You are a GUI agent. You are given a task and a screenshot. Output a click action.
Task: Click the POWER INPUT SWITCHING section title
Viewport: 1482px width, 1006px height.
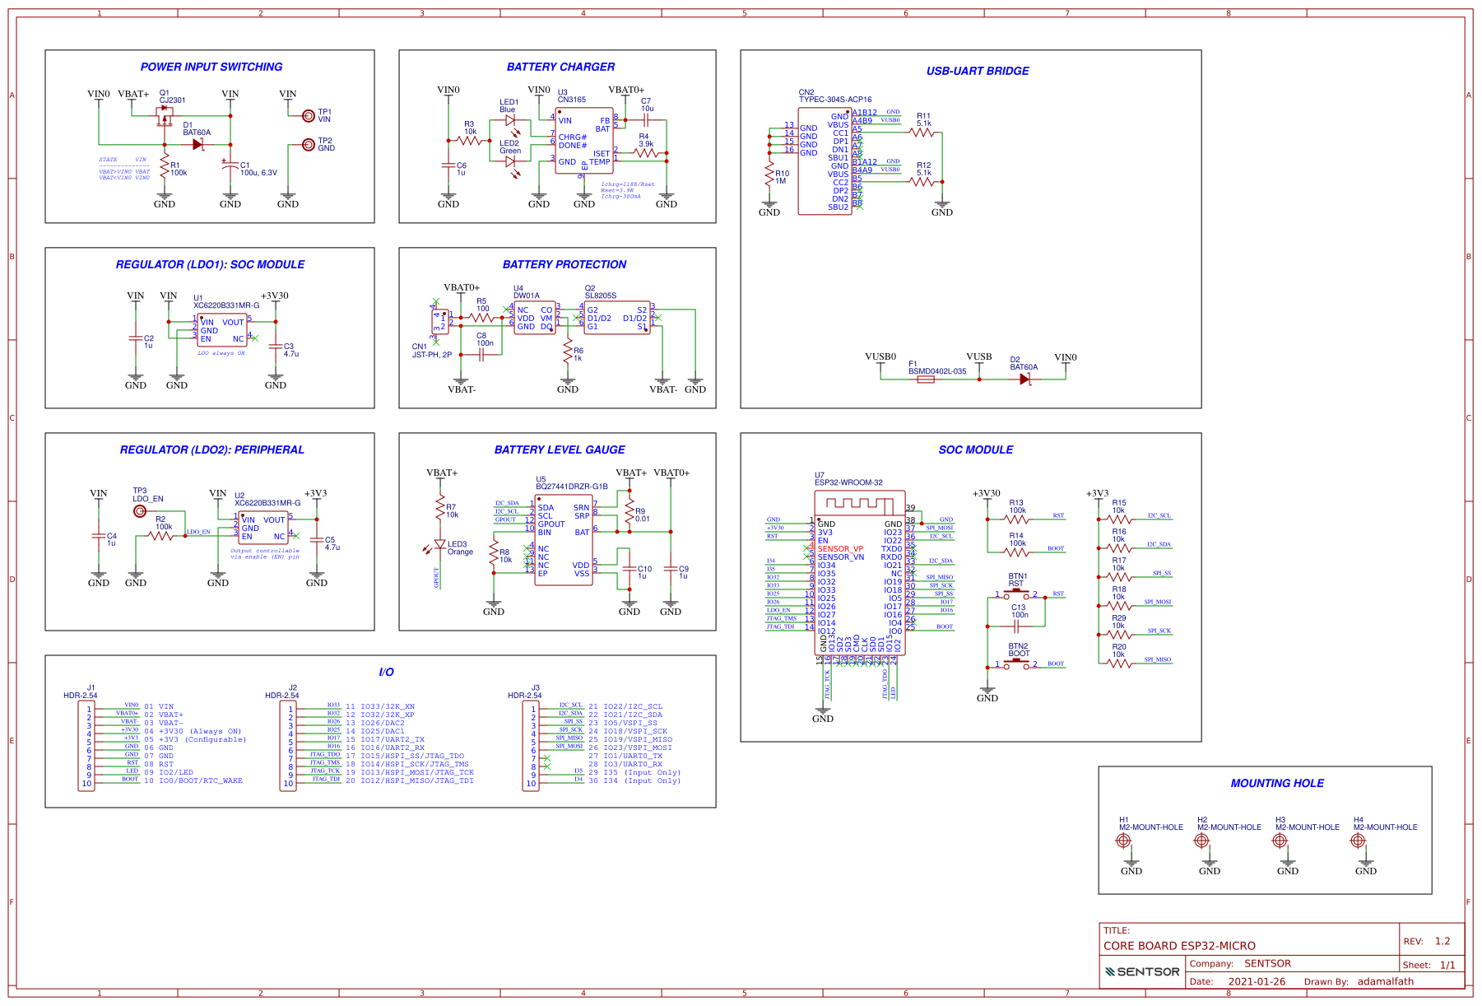(211, 67)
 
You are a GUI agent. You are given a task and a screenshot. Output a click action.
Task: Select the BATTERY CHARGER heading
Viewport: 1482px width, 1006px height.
(560, 67)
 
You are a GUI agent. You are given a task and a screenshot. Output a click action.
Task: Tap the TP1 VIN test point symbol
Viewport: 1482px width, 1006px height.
(309, 115)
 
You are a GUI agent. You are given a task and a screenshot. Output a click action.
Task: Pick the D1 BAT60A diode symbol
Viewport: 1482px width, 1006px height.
(197, 144)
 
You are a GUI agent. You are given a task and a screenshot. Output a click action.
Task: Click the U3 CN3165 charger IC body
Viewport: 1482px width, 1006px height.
(584, 140)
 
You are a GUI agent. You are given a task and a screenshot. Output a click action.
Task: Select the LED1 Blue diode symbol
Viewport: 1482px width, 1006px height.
(511, 120)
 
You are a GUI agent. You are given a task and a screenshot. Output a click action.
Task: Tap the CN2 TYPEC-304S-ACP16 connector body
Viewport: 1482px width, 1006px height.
(825, 161)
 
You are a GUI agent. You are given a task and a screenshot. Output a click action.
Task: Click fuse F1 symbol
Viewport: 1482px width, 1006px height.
(926, 380)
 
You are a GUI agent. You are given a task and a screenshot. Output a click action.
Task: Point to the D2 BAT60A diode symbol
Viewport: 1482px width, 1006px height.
(1024, 380)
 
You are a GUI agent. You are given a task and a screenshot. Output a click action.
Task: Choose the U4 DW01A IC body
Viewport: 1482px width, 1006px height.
(535, 318)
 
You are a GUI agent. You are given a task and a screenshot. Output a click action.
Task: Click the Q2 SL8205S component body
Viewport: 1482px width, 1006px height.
(617, 318)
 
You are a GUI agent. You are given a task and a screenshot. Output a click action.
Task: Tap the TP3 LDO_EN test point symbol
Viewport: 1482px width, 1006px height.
(140, 511)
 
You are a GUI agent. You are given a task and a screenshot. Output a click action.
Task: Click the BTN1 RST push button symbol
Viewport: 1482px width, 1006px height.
(1017, 593)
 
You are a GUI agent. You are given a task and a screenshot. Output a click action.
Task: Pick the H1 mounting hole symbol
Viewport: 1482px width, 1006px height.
(1123, 841)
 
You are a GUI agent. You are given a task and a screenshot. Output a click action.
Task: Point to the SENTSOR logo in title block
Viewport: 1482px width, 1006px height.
(1142, 971)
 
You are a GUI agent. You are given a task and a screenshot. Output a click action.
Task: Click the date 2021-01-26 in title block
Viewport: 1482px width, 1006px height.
(1257, 981)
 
